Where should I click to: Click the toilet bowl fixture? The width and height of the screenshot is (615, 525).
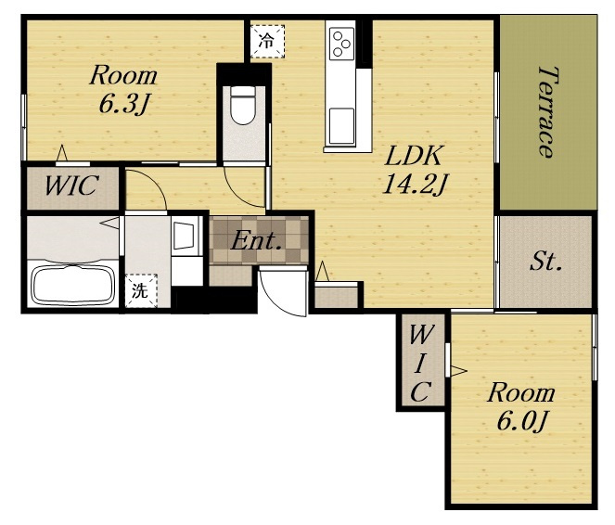[x=243, y=105]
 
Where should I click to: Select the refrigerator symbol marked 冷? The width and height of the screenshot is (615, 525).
[x=267, y=41]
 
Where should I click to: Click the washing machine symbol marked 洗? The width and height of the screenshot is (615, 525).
[x=141, y=290]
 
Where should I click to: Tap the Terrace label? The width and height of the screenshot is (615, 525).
[x=547, y=112]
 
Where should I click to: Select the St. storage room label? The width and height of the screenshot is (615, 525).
[x=545, y=262]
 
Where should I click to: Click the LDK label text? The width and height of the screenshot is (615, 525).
[x=415, y=156]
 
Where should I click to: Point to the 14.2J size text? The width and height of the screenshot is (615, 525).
[x=415, y=185]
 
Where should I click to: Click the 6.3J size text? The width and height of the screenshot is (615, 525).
[x=124, y=104]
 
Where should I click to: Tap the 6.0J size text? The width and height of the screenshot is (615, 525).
[x=522, y=421]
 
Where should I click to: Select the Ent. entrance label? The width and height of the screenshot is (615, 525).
[x=257, y=241]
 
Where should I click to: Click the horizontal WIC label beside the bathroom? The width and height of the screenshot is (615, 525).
[x=71, y=186]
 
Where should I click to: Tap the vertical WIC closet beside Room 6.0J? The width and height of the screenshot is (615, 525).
[x=420, y=363]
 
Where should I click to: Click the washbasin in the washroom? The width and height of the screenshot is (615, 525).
[x=184, y=236]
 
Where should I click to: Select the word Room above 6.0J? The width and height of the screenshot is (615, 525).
[x=521, y=392]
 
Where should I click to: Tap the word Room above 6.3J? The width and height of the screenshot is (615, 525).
[x=123, y=75]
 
